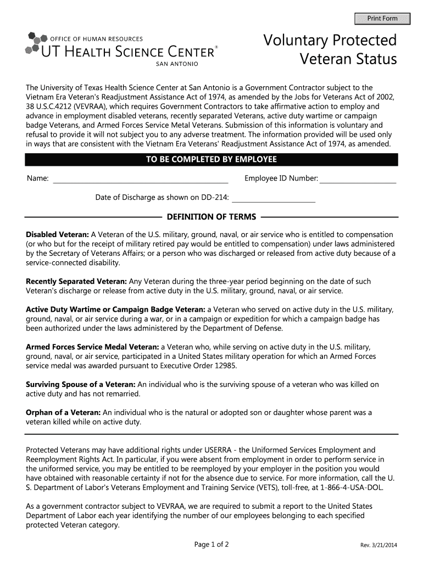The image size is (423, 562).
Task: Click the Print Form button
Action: point(382,19)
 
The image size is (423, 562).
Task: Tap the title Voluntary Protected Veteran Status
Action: point(330,49)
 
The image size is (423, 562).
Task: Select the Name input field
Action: point(140,179)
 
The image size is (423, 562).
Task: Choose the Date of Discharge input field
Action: point(274,198)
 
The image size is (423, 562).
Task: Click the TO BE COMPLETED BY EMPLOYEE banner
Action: point(211,160)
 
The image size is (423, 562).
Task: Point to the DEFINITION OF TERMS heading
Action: point(211,216)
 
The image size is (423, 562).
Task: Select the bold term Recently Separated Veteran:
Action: point(76,281)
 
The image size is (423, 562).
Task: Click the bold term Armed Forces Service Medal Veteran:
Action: point(93,347)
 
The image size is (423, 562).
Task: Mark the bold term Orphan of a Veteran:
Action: point(63,413)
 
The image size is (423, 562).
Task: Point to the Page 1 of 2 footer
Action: point(211,544)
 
